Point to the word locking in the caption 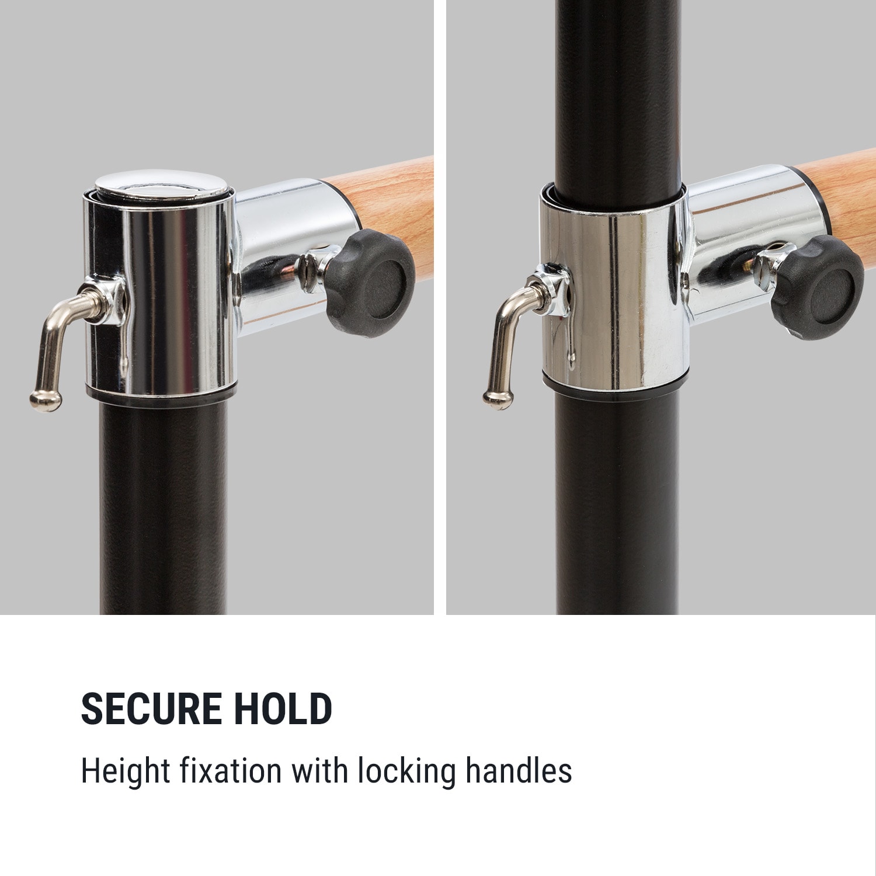pos(406,771)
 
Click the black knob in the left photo pos(370,282)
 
